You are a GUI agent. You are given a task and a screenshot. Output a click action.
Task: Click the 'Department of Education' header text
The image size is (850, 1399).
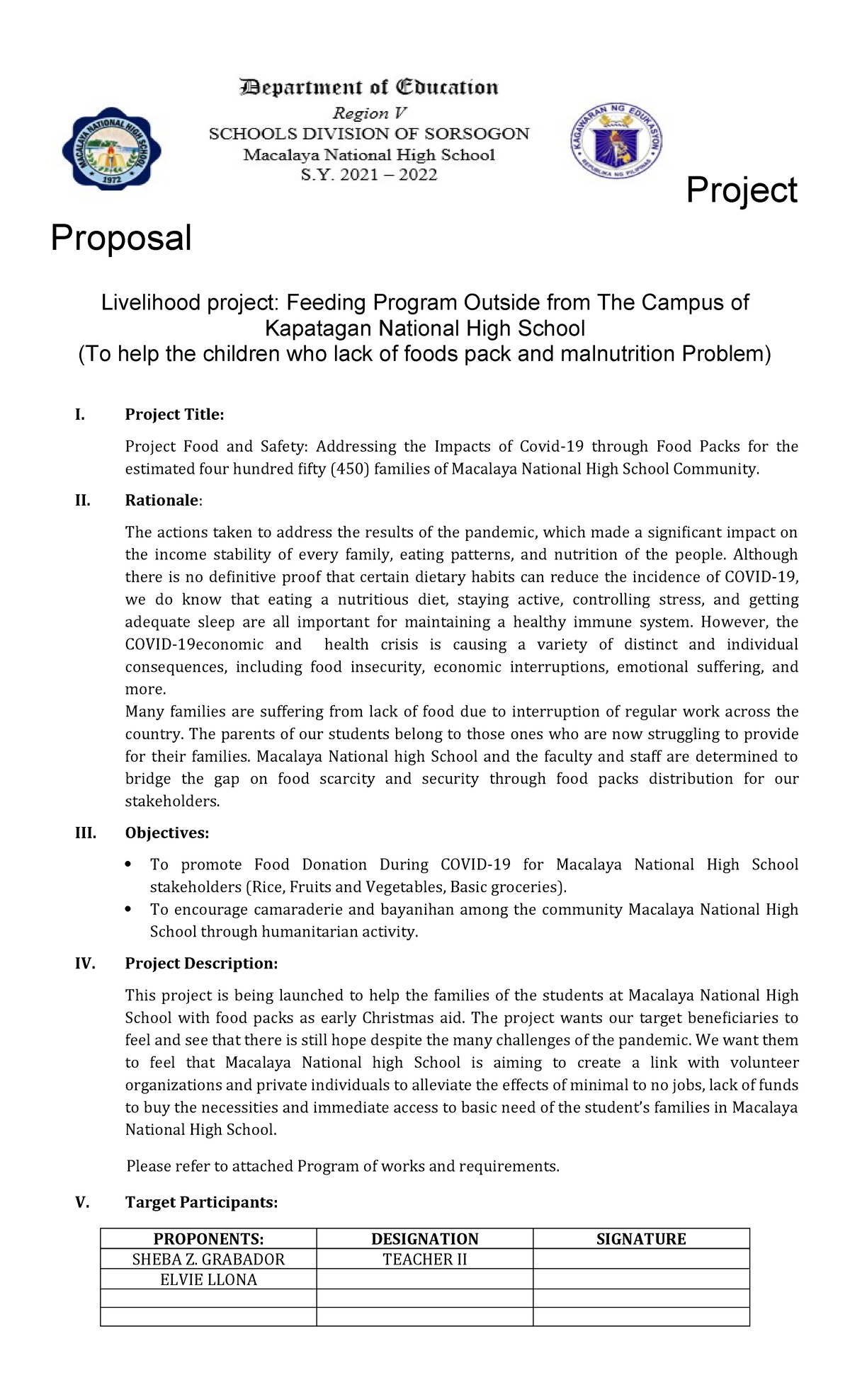pos(368,88)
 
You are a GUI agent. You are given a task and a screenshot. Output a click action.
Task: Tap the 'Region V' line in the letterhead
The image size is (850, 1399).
pos(369,113)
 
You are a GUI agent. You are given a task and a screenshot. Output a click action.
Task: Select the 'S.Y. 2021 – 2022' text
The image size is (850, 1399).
pos(369,175)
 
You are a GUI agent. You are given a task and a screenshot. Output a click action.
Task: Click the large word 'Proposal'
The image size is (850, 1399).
pos(121,238)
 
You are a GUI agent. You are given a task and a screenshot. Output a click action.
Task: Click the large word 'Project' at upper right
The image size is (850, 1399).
pos(742,190)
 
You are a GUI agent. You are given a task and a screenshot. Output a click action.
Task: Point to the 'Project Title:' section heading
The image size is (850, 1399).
pos(174,415)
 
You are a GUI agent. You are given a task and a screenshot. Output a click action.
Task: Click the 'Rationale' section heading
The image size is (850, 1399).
pos(162,501)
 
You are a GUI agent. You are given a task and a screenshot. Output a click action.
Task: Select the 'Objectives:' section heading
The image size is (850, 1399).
pos(167,833)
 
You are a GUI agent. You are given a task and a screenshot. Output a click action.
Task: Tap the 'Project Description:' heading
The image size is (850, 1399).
pos(201,964)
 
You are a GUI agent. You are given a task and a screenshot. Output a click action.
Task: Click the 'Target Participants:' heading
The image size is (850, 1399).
pos(201,1202)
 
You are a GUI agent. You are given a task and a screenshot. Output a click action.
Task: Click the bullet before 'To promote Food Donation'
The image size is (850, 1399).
pos(128,864)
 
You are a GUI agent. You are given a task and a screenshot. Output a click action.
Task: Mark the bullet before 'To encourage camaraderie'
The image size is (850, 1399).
pos(128,909)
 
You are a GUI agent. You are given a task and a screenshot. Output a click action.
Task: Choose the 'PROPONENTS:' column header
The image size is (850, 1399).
pos(208,1239)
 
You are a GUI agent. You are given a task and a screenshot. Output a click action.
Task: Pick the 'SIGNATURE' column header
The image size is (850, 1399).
pos(640,1239)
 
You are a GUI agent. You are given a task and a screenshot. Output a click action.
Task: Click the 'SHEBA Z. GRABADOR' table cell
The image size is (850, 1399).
pos(208,1260)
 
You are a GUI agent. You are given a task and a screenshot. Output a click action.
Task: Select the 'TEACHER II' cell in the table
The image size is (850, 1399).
pos(424,1260)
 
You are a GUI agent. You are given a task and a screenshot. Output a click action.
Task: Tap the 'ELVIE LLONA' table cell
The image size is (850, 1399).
pos(208,1280)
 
